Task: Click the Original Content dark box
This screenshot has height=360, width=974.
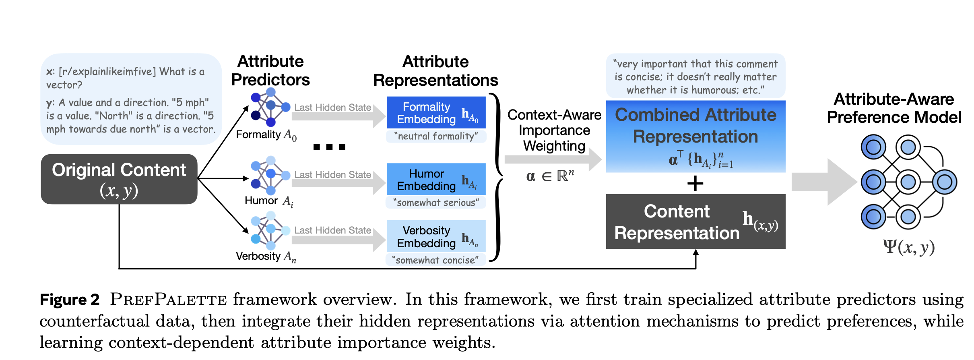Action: coord(119,179)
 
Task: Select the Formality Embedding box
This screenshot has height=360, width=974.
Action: coord(436,113)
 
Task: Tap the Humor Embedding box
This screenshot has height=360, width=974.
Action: coord(436,180)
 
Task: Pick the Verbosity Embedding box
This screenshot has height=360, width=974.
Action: coord(436,237)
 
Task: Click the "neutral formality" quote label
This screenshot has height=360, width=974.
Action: coord(436,136)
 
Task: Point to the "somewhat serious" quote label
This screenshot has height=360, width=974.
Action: coord(436,203)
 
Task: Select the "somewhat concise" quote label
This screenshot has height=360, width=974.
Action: coord(436,260)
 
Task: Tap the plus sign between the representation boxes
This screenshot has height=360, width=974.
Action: coord(695,184)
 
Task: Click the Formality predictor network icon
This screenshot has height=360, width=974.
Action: coord(270,107)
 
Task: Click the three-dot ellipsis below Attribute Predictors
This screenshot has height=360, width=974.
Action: coord(329,147)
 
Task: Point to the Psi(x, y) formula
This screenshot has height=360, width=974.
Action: coord(909,247)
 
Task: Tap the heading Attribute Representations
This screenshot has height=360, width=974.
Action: coord(435,71)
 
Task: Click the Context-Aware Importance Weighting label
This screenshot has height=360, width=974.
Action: coord(554,130)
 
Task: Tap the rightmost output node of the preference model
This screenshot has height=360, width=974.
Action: coord(945,182)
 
